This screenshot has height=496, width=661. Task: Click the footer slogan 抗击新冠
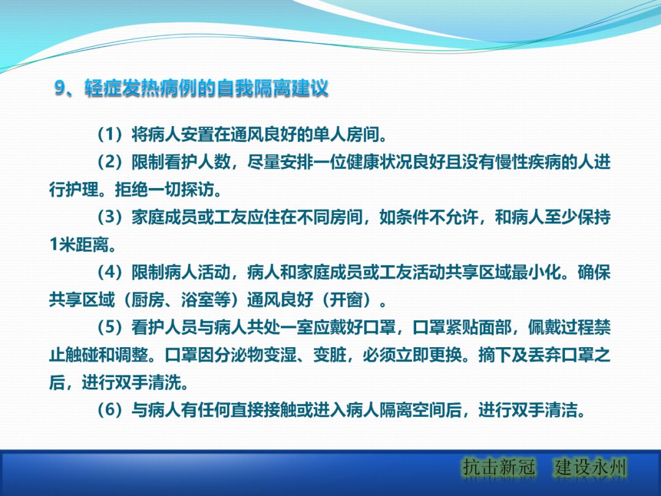(499, 468)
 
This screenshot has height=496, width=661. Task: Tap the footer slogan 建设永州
(591, 468)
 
